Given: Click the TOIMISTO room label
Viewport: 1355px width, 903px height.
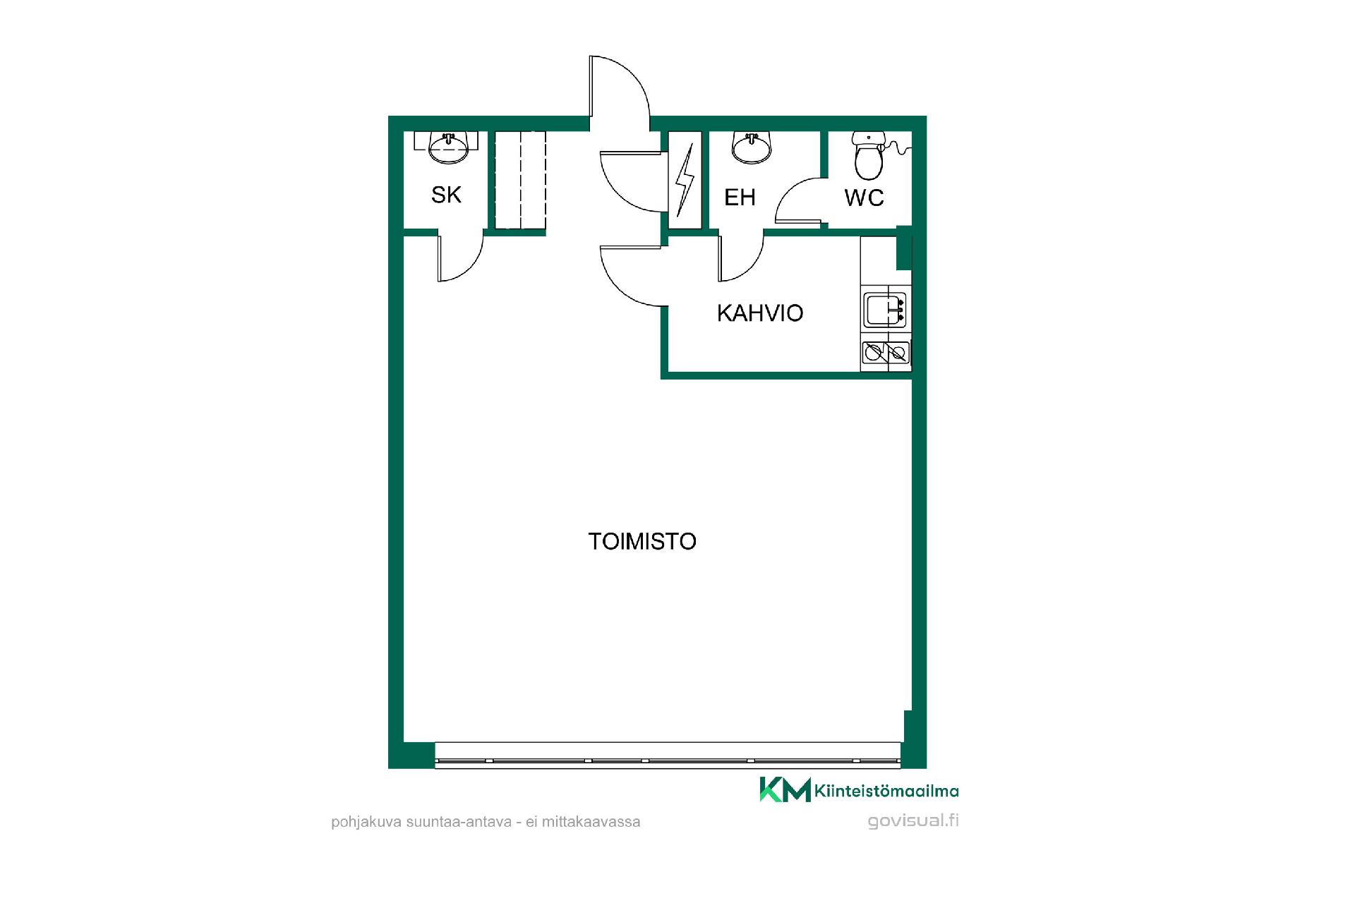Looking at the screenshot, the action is (x=642, y=541).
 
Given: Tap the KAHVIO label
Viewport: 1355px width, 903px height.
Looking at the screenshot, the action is (x=760, y=313).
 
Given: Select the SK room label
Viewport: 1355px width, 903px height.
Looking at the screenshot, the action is (x=446, y=195).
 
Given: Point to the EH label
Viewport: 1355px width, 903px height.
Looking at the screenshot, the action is (x=740, y=198).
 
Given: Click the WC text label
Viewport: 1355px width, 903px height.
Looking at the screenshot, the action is (x=864, y=198).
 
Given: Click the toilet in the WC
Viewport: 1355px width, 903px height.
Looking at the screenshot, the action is (x=868, y=155).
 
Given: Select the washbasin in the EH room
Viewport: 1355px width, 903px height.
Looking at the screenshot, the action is (x=752, y=146).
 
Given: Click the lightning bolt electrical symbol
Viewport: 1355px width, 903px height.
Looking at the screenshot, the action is (x=685, y=180).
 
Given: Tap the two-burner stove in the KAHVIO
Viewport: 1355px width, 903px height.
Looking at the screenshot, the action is (x=886, y=352).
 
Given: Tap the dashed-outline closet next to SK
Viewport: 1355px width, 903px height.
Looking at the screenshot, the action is (x=520, y=180).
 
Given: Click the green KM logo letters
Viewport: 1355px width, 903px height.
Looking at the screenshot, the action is (x=785, y=789).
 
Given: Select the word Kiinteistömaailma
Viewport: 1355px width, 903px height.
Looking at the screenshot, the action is (x=886, y=791).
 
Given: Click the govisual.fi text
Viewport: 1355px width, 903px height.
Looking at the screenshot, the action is (x=913, y=821).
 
